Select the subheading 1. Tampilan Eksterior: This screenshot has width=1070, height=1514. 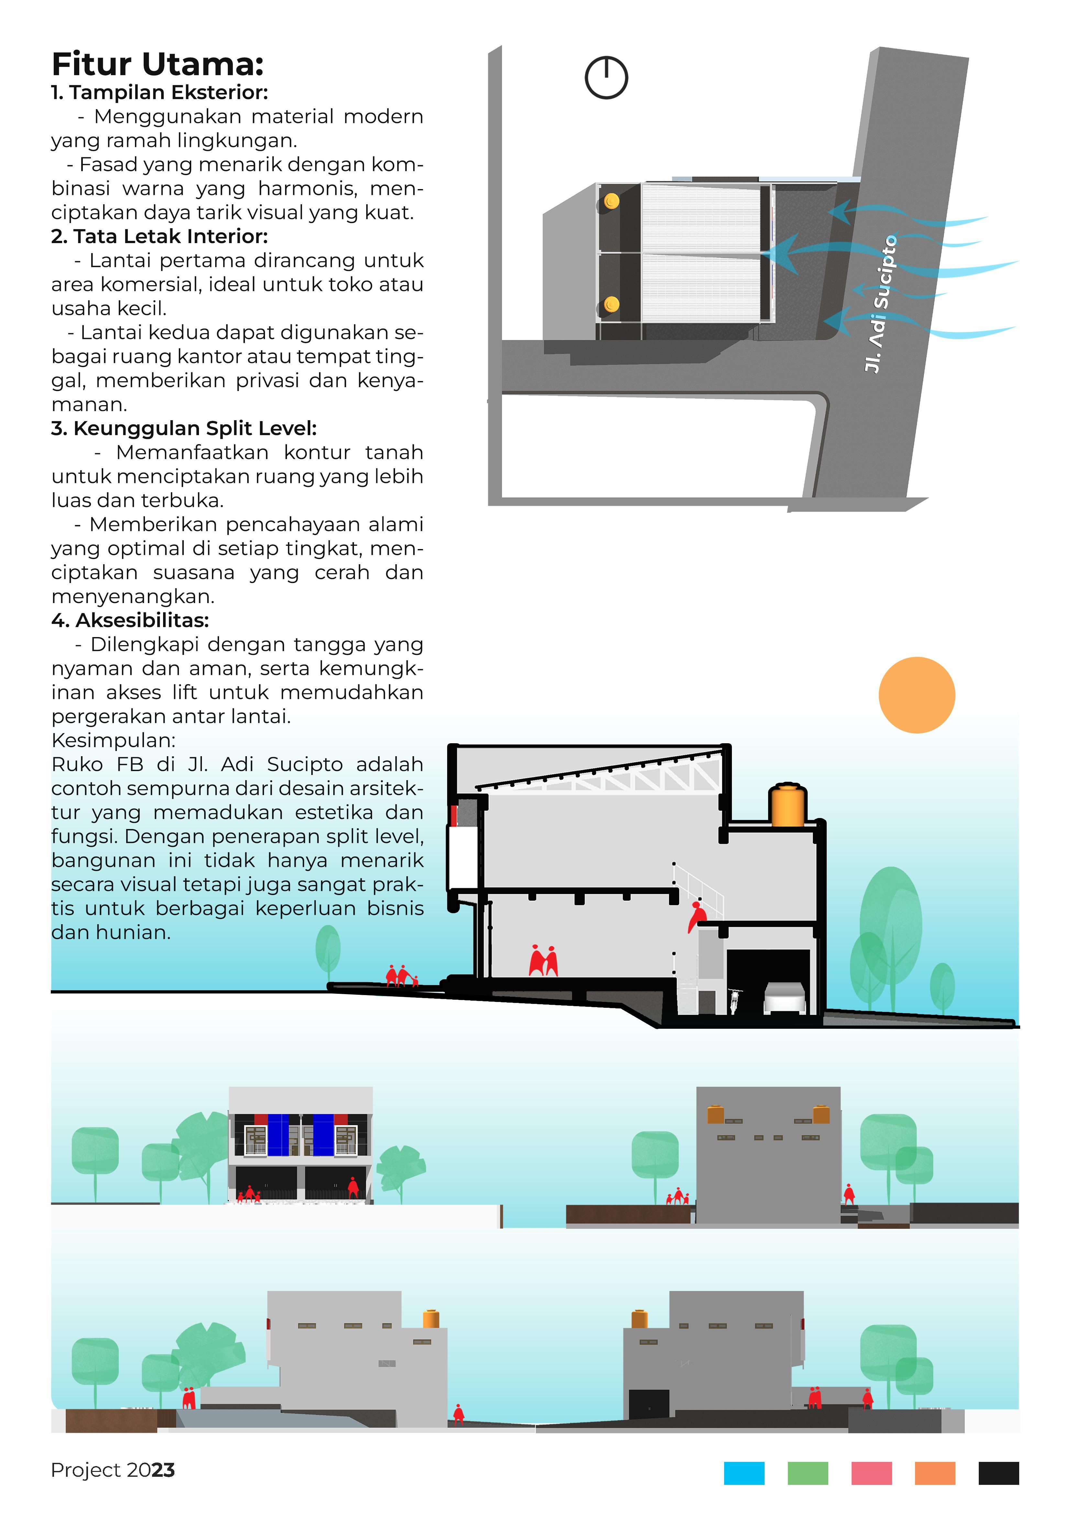[160, 92]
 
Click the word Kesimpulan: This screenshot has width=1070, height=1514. [113, 740]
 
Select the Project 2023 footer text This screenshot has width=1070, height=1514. [113, 1470]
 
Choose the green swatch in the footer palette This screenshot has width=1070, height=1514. [808, 1473]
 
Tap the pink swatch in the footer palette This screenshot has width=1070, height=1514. [872, 1473]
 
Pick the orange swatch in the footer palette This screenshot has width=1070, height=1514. [935, 1473]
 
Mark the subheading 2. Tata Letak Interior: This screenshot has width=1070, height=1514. [160, 236]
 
